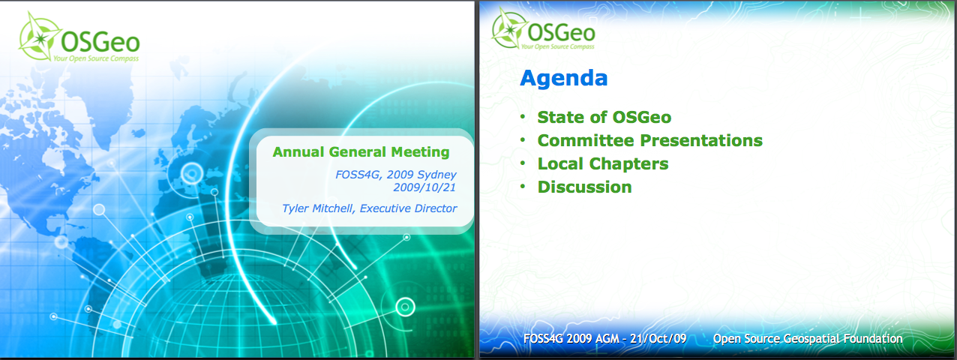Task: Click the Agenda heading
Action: pyautogui.click(x=563, y=79)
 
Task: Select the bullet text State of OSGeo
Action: pyautogui.click(x=604, y=118)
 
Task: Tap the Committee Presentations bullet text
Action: pyautogui.click(x=649, y=140)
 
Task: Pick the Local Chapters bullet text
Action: pyautogui.click(x=603, y=164)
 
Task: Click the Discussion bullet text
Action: pyautogui.click(x=584, y=187)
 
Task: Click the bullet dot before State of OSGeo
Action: pyautogui.click(x=523, y=115)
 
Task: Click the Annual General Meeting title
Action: pyautogui.click(x=361, y=152)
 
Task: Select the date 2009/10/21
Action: pyautogui.click(x=424, y=187)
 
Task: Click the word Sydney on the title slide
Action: pyautogui.click(x=437, y=175)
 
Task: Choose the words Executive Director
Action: pyautogui.click(x=408, y=208)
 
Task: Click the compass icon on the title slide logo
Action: pyautogui.click(x=39, y=37)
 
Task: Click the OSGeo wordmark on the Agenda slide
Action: pyautogui.click(x=561, y=32)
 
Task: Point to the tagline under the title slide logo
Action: pyautogui.click(x=96, y=58)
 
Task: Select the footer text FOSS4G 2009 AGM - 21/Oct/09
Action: pyautogui.click(x=604, y=339)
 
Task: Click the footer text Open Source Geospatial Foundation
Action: pyautogui.click(x=808, y=339)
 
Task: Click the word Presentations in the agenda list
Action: pyautogui.click(x=701, y=140)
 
